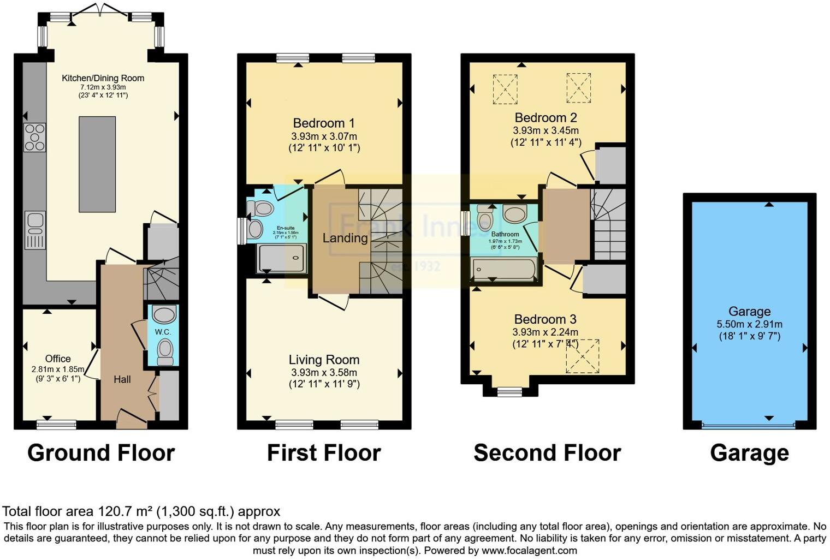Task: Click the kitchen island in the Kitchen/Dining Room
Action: point(97,164)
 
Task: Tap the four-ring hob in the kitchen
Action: point(34,138)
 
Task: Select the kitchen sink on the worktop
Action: point(35,230)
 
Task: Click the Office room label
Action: point(58,359)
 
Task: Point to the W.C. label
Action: point(163,332)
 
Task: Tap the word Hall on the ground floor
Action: point(122,379)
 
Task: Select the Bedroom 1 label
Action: point(324,123)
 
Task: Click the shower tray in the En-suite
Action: point(282,258)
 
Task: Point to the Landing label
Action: point(345,238)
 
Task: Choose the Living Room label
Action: point(324,360)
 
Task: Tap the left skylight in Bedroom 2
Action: point(505,88)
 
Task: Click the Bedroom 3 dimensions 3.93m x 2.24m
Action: point(545,332)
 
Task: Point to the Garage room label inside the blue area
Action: point(749,312)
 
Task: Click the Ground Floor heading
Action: point(101,453)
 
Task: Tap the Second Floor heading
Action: point(547,453)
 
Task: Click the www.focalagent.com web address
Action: point(529,550)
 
